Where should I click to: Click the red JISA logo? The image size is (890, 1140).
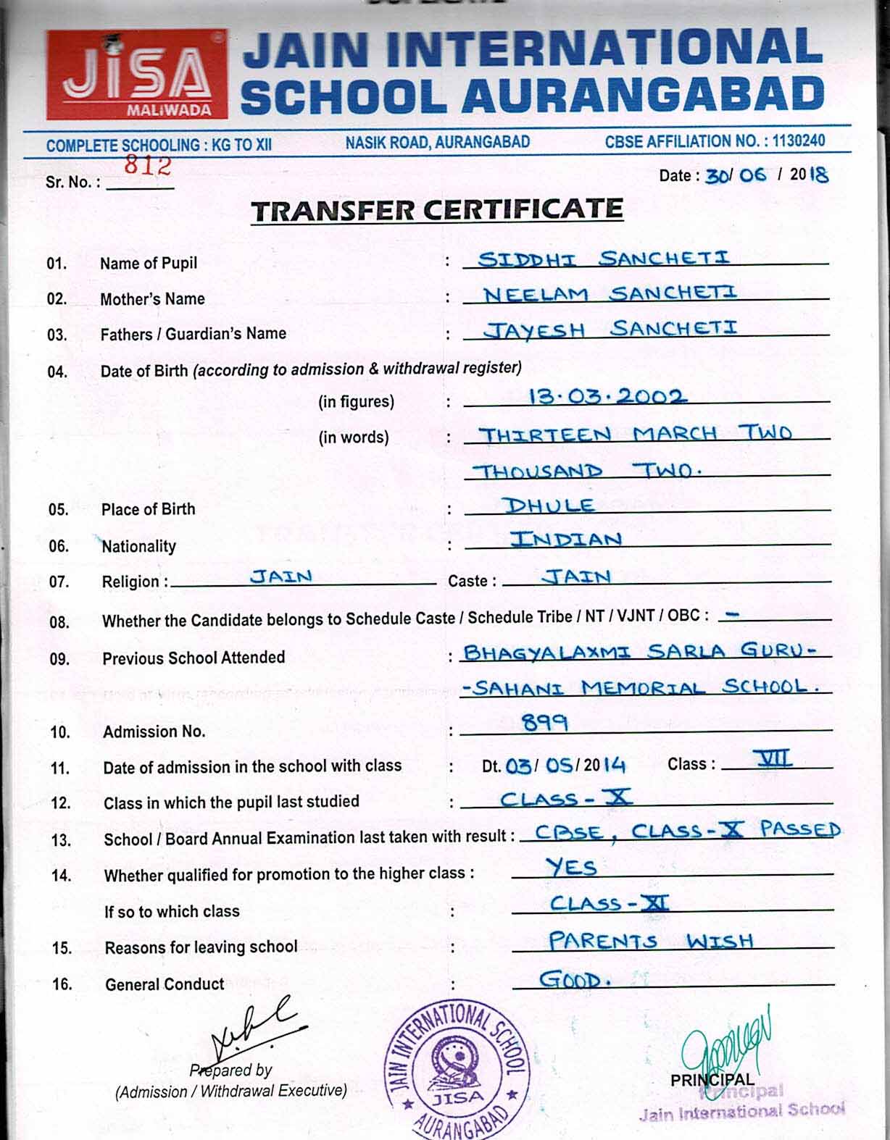pyautogui.click(x=136, y=75)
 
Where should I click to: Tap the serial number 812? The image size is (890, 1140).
pyautogui.click(x=147, y=166)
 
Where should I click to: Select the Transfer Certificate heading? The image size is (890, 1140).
pyautogui.click(x=436, y=210)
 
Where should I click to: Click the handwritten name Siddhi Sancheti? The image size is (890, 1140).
pyautogui.click(x=604, y=258)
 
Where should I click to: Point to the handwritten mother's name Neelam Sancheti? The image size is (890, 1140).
pyautogui.click(x=610, y=293)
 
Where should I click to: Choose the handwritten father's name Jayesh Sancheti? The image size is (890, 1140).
pyautogui.click(x=611, y=329)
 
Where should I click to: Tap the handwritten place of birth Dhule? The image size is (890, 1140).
pyautogui.click(x=549, y=505)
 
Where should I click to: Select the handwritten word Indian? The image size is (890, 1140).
pyautogui.click(x=566, y=540)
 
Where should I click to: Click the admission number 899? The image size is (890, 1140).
pyautogui.click(x=545, y=722)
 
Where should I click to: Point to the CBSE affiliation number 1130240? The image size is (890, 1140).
pyautogui.click(x=798, y=141)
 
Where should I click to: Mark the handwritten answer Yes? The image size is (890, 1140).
pyautogui.click(x=571, y=866)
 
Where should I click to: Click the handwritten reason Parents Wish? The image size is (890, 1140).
pyautogui.click(x=651, y=941)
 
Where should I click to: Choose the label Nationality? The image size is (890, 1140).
pyautogui.click(x=138, y=546)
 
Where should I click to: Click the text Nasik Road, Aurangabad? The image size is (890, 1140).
pyautogui.click(x=437, y=142)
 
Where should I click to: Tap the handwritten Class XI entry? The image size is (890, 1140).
pyautogui.click(x=610, y=903)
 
